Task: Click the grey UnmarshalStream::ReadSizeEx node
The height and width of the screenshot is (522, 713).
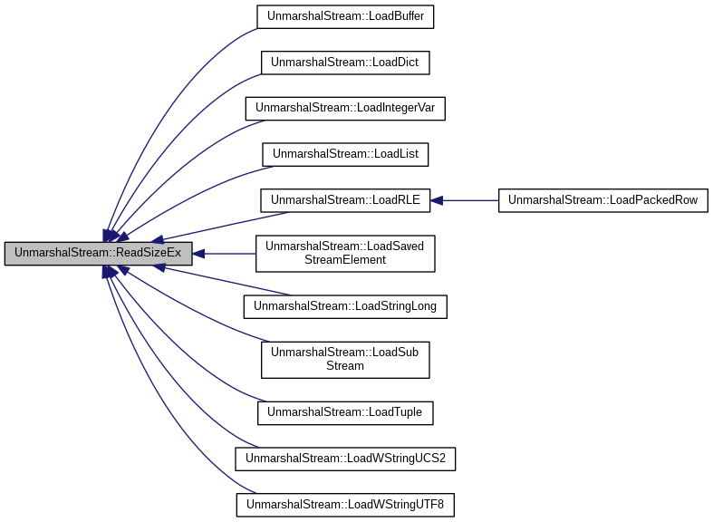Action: pos(98,254)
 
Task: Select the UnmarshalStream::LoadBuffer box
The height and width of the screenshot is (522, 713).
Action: pos(345,16)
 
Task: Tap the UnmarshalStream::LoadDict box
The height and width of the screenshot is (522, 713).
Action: pos(345,63)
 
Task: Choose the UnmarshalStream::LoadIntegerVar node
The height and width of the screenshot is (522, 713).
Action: pos(345,108)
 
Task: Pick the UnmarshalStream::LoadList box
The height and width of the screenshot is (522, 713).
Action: pos(345,154)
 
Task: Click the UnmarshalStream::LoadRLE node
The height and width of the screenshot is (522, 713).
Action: pos(345,200)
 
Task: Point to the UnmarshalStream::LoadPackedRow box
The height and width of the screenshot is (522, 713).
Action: pos(602,200)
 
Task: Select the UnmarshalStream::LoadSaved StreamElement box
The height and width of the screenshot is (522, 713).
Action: pos(345,254)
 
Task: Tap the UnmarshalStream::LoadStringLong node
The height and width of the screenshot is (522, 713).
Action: pos(345,306)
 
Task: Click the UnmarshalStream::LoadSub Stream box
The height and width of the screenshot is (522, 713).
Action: pos(345,359)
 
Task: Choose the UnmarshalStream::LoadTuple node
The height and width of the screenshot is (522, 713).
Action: pos(345,412)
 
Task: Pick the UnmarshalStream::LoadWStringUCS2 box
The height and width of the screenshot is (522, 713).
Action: pos(345,459)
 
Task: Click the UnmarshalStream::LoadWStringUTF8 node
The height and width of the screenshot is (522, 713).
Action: pos(345,504)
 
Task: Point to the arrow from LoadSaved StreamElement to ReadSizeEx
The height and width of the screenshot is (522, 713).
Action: pos(226,254)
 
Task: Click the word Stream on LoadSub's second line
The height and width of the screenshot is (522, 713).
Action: pos(345,366)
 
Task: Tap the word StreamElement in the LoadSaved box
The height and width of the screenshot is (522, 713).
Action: pos(345,260)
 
